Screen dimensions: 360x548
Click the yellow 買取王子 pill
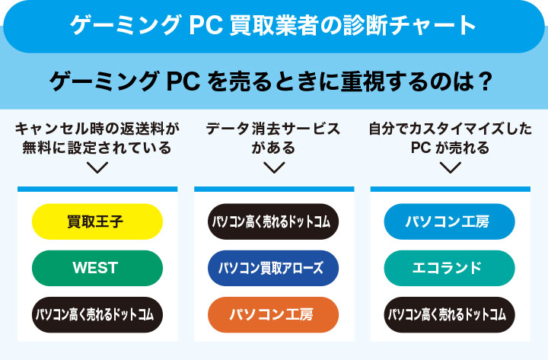pyautogui.click(x=97, y=221)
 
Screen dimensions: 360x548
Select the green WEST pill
pyautogui.click(x=97, y=268)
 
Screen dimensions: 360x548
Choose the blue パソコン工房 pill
pyautogui.click(x=449, y=221)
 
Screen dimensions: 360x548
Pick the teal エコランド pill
pyautogui.click(x=449, y=268)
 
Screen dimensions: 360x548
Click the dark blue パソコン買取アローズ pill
pyautogui.click(x=273, y=268)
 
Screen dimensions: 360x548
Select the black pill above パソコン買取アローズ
pyautogui.click(x=273, y=221)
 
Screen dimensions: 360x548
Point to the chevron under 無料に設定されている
pyautogui.click(x=97, y=167)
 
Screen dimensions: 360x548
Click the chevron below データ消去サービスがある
pyautogui.click(x=273, y=167)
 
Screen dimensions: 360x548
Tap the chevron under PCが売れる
pyautogui.click(x=449, y=167)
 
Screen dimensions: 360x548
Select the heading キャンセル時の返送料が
pyautogui.click(x=97, y=129)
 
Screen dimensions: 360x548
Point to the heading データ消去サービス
pyautogui.click(x=273, y=129)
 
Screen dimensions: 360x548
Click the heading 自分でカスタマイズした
pyautogui.click(x=449, y=129)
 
